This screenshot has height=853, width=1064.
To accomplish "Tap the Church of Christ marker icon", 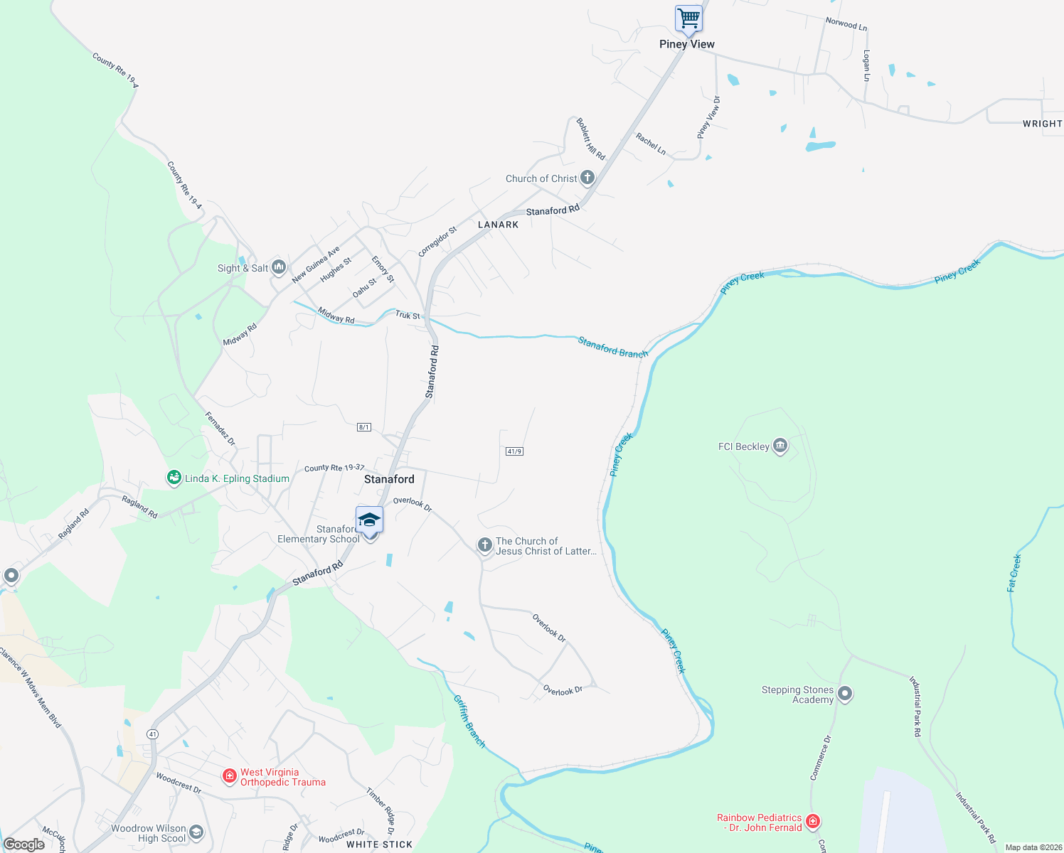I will (x=587, y=178).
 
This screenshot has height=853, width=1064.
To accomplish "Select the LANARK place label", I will (x=498, y=225).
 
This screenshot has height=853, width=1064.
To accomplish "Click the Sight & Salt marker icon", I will (x=278, y=267).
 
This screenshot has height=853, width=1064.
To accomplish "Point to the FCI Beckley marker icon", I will (x=780, y=446).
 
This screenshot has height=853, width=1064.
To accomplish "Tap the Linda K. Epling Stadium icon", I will (x=174, y=478).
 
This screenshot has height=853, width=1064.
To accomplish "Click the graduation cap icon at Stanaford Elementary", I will (x=369, y=520).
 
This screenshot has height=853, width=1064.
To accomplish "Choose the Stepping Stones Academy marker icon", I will (x=844, y=693).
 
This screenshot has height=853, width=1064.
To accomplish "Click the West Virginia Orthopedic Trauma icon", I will (x=229, y=776).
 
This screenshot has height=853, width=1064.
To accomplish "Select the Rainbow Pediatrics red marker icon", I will (x=813, y=822).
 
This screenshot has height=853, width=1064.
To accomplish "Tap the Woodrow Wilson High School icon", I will (x=196, y=832).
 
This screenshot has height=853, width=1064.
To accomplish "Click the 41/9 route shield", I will (x=514, y=451).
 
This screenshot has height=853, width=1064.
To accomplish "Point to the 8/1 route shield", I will (x=363, y=427).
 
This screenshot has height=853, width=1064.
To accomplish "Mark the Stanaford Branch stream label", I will (x=613, y=348).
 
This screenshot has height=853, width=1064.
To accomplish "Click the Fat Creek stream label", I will (x=1014, y=573).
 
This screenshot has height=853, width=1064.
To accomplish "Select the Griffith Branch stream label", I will (x=469, y=721).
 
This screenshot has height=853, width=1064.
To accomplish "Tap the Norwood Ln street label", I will (x=846, y=24).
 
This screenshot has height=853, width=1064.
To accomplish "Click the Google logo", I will (x=24, y=844).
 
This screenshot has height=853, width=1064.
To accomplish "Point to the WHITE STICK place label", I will (x=379, y=844).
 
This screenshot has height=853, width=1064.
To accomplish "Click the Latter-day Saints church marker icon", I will (x=484, y=545).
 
